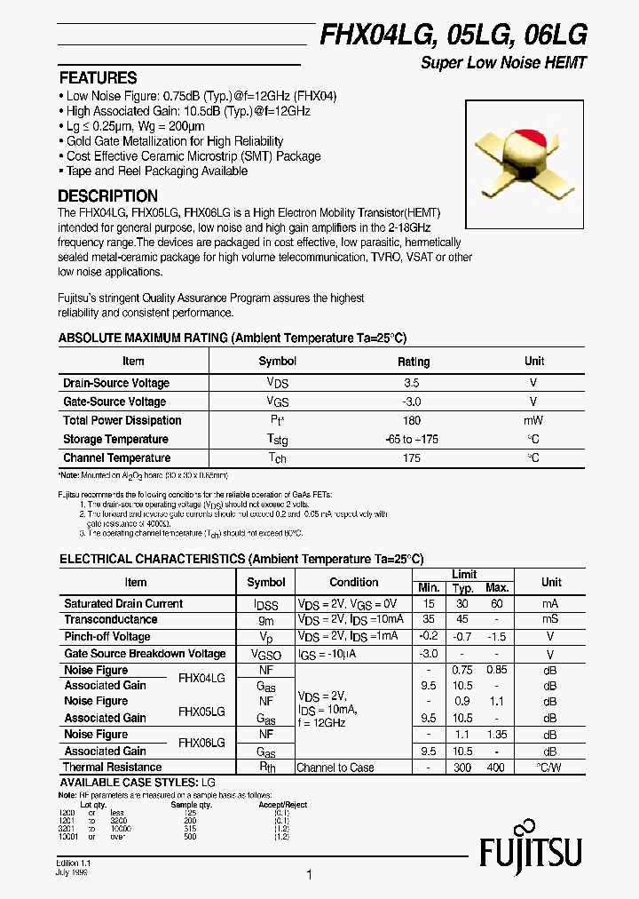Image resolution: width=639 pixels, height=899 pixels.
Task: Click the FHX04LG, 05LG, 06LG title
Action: (453, 34)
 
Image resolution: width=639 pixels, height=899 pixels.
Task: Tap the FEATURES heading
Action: (98, 77)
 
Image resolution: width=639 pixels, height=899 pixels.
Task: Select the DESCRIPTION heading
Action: (107, 195)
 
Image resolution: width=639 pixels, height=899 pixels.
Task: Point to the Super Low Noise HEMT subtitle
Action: (503, 63)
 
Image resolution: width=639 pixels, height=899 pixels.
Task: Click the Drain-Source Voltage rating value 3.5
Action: (411, 383)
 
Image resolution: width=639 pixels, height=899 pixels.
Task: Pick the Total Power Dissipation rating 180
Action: (411, 420)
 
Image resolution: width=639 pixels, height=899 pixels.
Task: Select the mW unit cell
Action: (533, 420)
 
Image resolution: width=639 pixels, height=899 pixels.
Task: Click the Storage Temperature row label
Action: (115, 439)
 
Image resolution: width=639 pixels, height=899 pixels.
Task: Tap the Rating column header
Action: (413, 362)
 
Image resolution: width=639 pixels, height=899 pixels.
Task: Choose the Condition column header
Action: (353, 582)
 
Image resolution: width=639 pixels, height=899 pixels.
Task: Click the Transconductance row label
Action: (111, 619)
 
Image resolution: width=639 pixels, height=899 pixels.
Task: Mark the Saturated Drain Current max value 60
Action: (496, 603)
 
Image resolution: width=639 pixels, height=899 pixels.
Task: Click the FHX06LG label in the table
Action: (201, 743)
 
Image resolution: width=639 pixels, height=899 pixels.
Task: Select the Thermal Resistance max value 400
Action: (496, 768)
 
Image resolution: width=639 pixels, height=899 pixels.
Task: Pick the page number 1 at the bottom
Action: (309, 875)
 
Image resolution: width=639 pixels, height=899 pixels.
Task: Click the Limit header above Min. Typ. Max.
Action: (463, 574)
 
